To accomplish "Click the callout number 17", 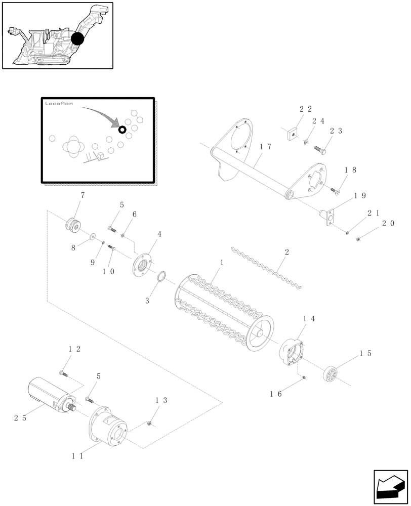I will coord(265,146).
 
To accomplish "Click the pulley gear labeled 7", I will coord(71,224).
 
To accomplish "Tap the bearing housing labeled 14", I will coord(292,351).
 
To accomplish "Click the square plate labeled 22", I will coord(292,135).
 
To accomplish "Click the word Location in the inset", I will coord(59,103).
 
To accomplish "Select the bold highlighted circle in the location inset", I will coord(122,130).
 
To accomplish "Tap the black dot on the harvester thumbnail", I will coord(78,38).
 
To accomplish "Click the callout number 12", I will coord(74,349).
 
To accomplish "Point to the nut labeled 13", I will coord(150,423).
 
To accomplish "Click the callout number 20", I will coord(388,223).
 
